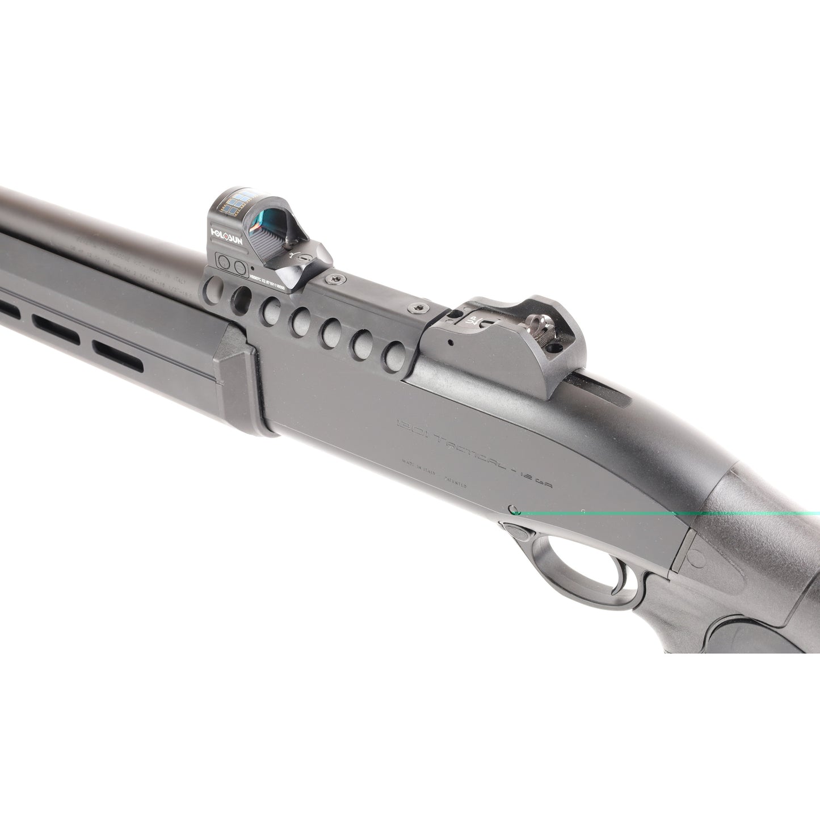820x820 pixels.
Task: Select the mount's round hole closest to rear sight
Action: point(390,354)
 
